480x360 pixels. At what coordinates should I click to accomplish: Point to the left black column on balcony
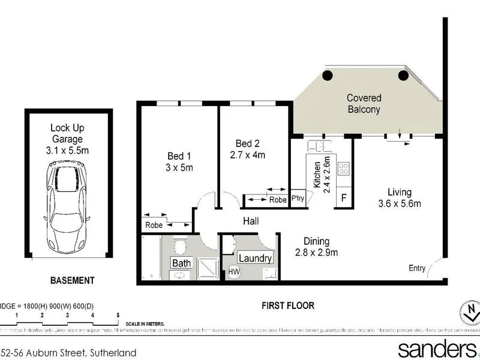click(x=328, y=76)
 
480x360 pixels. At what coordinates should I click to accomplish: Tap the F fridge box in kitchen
click(x=344, y=197)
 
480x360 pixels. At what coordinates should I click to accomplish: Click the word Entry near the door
click(x=418, y=268)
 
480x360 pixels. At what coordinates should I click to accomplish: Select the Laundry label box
click(x=256, y=259)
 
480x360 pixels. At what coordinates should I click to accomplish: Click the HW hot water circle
click(x=233, y=272)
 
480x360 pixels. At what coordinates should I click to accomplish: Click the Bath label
click(x=182, y=263)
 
